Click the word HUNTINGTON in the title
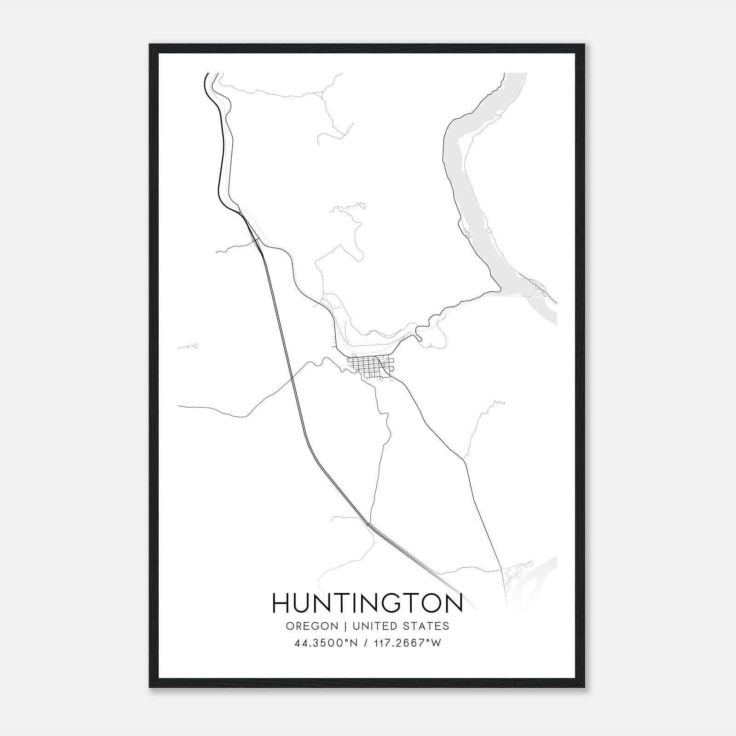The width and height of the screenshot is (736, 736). pos(368,603)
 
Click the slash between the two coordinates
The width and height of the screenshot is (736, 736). pos(365,643)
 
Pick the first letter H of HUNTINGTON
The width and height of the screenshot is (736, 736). pos(282,603)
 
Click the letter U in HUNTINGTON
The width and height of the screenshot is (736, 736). pos(304,603)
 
